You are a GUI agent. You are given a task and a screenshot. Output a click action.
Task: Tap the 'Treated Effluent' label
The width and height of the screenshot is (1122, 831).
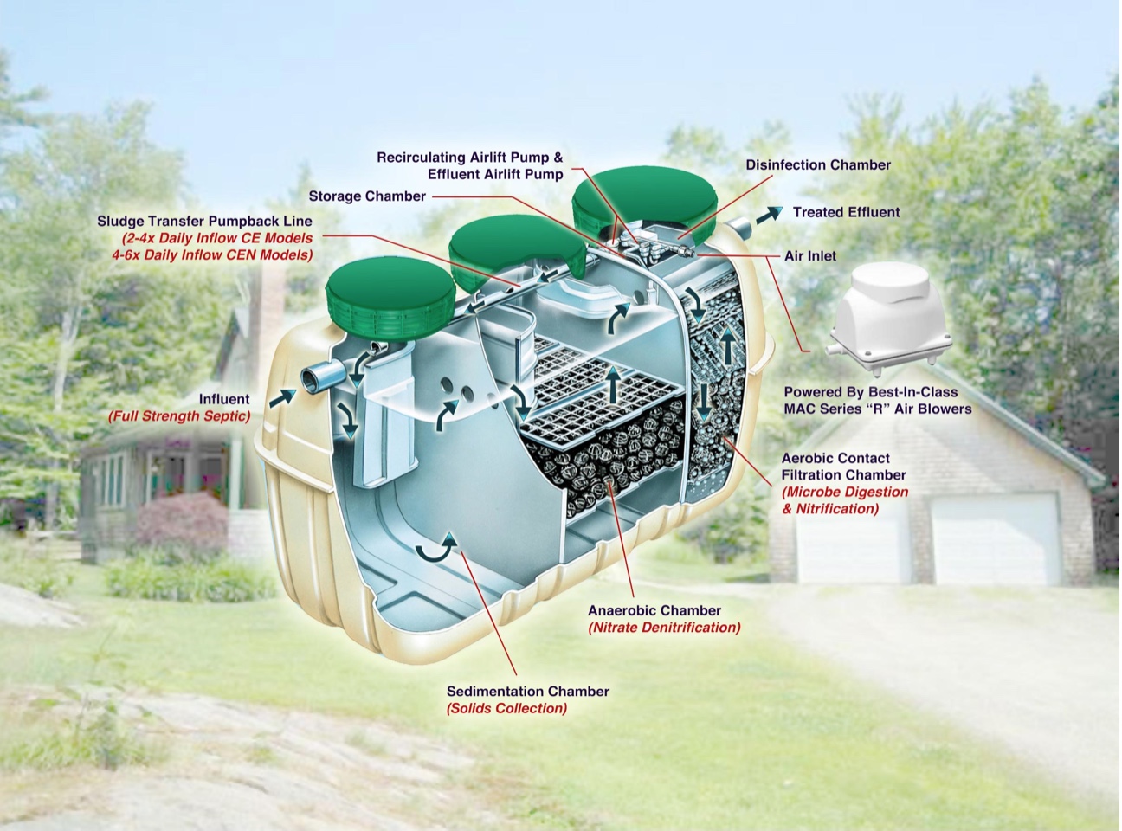point(846,212)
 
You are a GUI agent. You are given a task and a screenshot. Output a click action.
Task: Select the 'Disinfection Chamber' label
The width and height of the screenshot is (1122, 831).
point(818,164)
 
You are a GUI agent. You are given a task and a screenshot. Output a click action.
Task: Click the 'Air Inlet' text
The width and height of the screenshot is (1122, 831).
point(809,256)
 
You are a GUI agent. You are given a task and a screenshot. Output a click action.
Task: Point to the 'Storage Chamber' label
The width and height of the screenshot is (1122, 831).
point(367,196)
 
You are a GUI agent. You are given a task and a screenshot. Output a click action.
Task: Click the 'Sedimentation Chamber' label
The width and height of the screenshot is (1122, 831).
point(527,692)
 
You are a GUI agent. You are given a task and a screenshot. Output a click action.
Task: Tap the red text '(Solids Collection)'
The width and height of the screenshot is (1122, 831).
point(506,708)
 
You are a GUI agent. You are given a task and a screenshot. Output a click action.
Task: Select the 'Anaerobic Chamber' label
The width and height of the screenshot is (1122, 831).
point(654,610)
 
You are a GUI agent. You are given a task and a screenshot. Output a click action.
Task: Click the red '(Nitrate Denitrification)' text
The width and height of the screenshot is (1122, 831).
point(664,628)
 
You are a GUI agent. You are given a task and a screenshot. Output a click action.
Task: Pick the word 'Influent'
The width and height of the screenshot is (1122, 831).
point(224,399)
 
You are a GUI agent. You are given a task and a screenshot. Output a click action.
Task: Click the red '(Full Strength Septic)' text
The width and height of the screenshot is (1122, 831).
point(179,416)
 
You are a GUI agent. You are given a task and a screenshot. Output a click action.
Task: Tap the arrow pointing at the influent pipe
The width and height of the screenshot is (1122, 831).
point(282,398)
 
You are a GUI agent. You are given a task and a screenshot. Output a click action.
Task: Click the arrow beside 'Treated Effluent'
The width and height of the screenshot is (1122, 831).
point(770,215)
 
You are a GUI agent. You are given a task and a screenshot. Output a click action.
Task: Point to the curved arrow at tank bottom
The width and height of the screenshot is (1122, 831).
point(436,551)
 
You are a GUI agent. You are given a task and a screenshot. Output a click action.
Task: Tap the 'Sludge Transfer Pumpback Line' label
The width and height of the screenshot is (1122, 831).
point(204,221)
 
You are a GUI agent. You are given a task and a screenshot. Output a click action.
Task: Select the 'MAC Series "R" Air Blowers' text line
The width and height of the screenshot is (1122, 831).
point(878,409)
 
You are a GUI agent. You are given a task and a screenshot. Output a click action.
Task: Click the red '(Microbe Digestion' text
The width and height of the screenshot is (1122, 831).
point(844,492)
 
